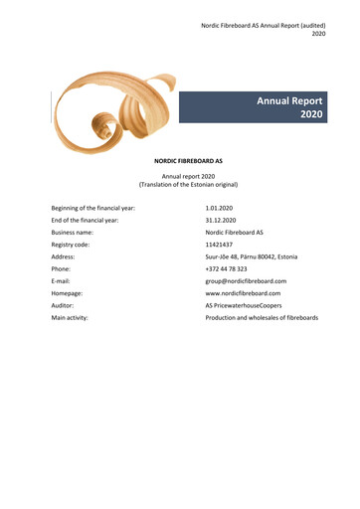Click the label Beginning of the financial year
pyautogui.click(x=92, y=208)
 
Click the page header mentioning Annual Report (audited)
pyautogui.click(x=258, y=23)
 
